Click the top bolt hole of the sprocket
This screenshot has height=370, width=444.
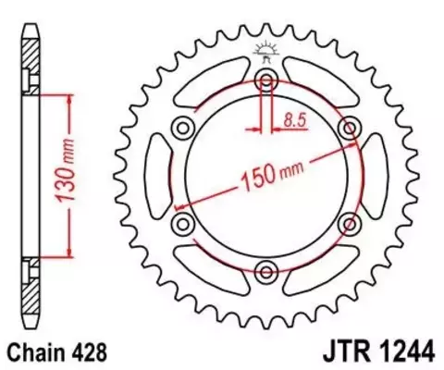[x=266, y=77]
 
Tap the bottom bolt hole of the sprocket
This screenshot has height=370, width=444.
[x=266, y=270]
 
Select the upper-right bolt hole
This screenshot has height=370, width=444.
[x=350, y=126]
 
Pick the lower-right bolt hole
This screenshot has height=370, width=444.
[x=350, y=222]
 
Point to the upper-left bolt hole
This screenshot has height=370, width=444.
[x=183, y=126]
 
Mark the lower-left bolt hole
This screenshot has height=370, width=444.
[x=183, y=222]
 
